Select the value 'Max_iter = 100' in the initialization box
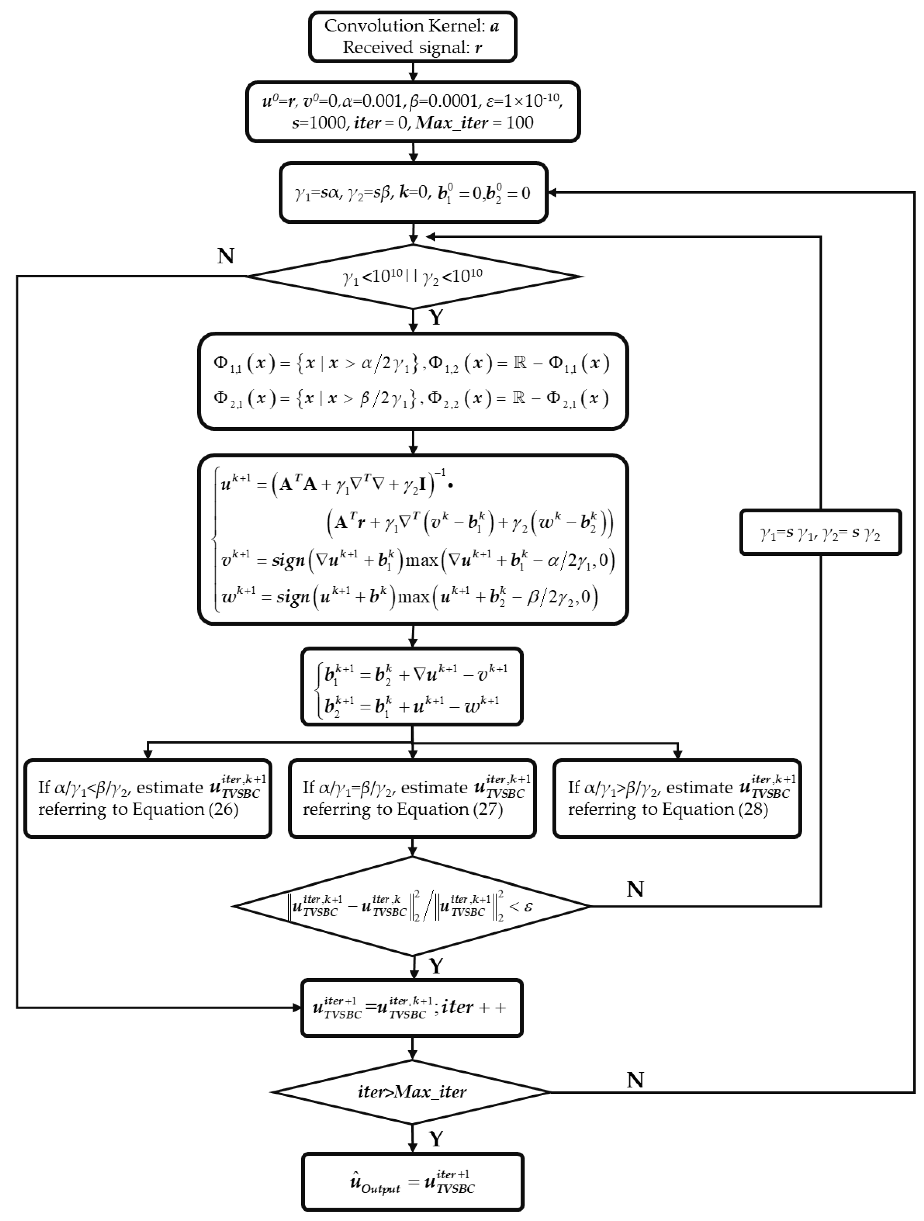tap(475, 123)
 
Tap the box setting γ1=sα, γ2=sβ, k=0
tap(413, 193)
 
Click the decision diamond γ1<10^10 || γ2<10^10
tap(413, 276)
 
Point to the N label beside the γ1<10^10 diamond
tap(226, 256)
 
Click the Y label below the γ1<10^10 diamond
tap(436, 317)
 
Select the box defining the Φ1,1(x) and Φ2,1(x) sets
tap(413, 381)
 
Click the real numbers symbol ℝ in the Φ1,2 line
tap(519, 363)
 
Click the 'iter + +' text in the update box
tap(474, 1007)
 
